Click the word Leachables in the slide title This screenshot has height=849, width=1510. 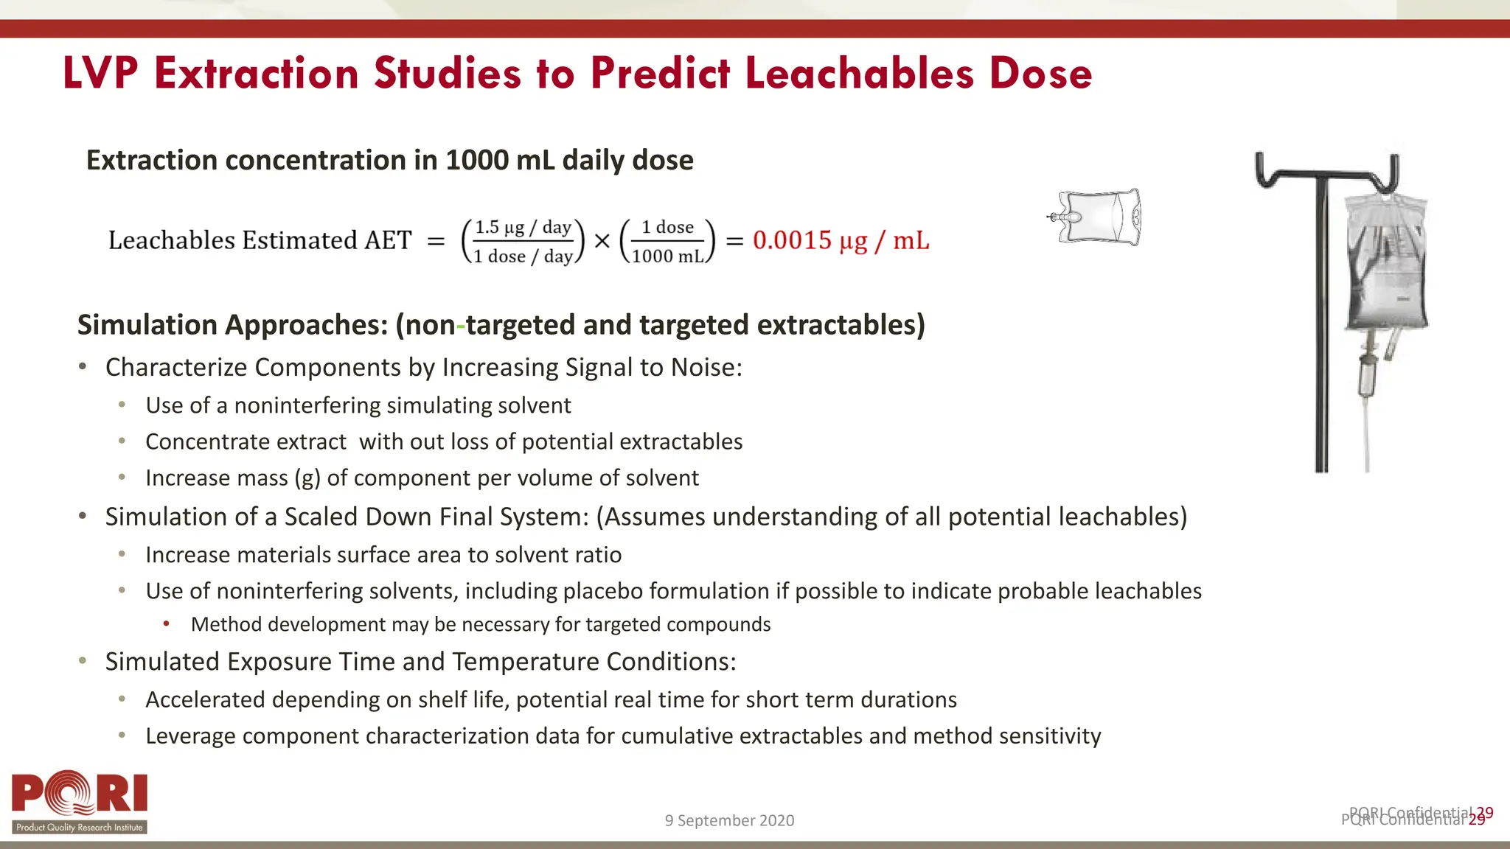(860, 74)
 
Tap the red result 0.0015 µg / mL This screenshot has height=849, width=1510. (841, 240)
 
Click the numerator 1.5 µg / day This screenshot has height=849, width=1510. (523, 228)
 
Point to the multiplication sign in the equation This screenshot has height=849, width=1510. (602, 241)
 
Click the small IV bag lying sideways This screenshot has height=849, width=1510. (1097, 217)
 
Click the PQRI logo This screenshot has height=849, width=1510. (80, 802)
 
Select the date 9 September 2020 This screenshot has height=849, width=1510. (729, 820)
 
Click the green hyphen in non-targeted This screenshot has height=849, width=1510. (461, 326)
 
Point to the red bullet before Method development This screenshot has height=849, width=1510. (167, 624)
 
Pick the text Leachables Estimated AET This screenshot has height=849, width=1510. (260, 240)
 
